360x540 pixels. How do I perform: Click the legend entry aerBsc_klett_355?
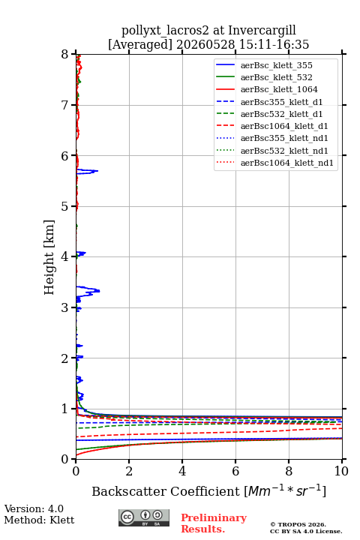[x=276, y=65]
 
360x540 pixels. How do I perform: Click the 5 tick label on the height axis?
[x=65, y=206]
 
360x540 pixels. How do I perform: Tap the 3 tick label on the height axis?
[x=65, y=307]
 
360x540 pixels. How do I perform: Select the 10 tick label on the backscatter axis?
[x=341, y=471]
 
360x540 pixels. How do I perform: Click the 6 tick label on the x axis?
[x=235, y=471]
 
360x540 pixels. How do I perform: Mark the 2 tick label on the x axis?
[x=129, y=471]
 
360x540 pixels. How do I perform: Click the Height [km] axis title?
[x=49, y=257]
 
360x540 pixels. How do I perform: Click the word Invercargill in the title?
[x=262, y=30]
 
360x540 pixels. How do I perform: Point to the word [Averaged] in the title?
[x=140, y=44]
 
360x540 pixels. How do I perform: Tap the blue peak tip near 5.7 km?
[x=97, y=171]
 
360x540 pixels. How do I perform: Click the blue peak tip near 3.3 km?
[x=100, y=291]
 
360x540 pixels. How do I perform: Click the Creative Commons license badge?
[x=144, y=518]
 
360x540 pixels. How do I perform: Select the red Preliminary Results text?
[x=214, y=523]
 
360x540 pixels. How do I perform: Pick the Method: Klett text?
[x=39, y=520]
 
